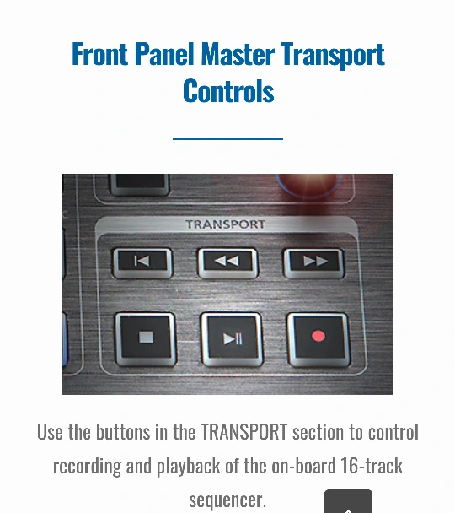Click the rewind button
coord(227,262)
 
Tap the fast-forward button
coord(313,262)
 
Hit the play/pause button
coord(232,339)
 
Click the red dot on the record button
coord(318,337)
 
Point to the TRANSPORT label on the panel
coord(225,224)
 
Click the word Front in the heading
coord(99,54)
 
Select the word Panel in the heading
coord(164,54)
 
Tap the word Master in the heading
coord(238,54)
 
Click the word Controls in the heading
coord(228,90)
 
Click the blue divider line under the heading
coord(227,139)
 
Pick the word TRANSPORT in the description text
coord(244,432)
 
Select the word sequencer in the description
coord(227,499)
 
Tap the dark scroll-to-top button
coord(348,501)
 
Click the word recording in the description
coord(88,467)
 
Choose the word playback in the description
coord(189,467)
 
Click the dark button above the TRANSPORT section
coord(140,184)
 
